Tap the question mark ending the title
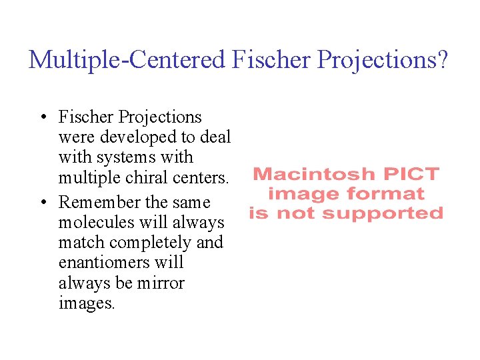pos(443,60)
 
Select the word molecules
pos(97,222)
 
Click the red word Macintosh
pos(306,175)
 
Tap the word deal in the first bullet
pos(215,138)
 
